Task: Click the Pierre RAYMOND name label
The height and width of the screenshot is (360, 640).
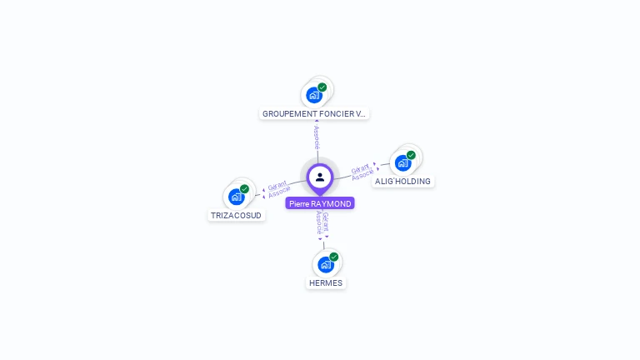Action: point(320,203)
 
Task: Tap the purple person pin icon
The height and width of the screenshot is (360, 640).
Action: point(320,177)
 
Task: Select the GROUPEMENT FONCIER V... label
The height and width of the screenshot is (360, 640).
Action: point(314,113)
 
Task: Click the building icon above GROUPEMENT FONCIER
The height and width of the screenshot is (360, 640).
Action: point(313,94)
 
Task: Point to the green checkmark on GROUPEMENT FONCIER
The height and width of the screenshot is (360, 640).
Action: point(322,87)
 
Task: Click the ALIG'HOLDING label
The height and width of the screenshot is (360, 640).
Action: point(402,182)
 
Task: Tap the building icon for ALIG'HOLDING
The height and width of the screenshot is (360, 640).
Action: point(402,162)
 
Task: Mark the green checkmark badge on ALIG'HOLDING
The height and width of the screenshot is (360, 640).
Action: point(411,155)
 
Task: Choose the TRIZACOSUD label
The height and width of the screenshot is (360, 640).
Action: point(236,215)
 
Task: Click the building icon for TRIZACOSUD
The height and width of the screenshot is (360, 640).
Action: point(237,197)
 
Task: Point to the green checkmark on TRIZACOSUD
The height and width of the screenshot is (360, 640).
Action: point(244,189)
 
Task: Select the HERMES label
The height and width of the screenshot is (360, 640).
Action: point(325,282)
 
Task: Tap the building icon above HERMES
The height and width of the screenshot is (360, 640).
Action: point(325,264)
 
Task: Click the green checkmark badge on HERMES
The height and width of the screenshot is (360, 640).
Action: point(333,257)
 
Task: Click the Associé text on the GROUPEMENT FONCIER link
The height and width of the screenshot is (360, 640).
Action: point(317,137)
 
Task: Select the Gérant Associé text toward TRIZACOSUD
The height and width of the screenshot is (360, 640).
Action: point(278,188)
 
